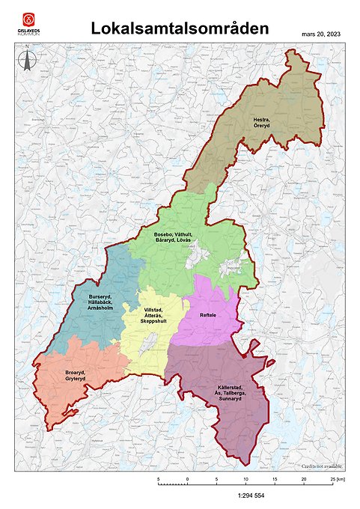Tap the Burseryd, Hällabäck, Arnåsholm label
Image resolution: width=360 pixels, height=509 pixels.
(100, 302)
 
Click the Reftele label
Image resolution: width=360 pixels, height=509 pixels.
(208, 315)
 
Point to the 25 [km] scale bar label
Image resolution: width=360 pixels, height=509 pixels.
(340, 478)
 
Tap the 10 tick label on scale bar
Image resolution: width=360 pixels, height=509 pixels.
(245, 478)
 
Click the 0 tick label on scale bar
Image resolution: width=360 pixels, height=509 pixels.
(187, 478)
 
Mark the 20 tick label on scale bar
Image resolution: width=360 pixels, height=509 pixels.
(304, 478)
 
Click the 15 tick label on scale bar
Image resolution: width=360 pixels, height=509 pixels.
(275, 478)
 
